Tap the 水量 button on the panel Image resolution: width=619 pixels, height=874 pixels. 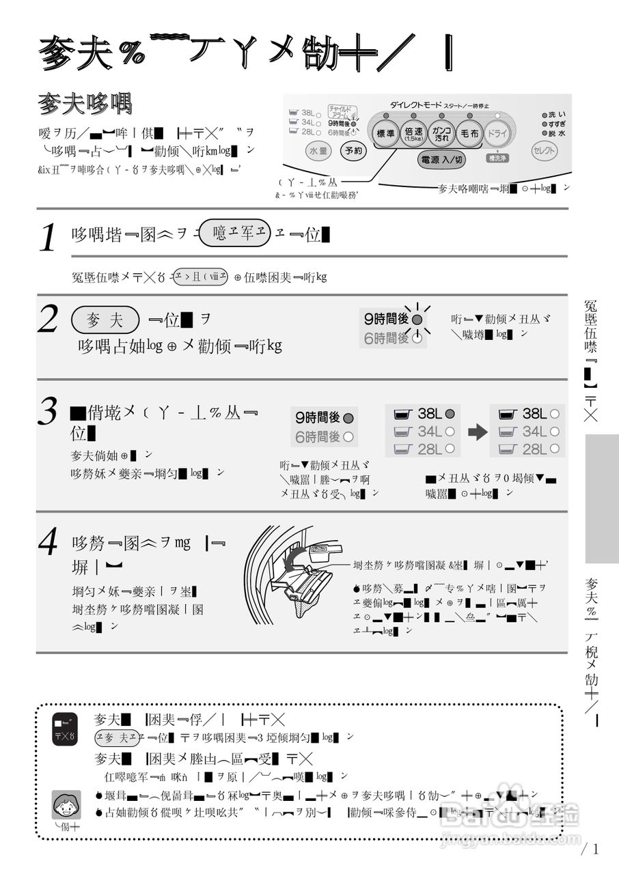tap(318, 150)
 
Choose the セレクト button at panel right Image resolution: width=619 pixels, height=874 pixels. tap(545, 150)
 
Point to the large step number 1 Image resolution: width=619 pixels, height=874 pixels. tap(48, 238)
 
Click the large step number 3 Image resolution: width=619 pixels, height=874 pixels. tap(48, 412)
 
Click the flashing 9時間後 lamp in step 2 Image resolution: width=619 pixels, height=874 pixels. tap(417, 319)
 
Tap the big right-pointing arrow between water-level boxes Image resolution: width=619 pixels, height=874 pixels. tap(476, 432)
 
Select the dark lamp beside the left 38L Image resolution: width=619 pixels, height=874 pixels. tap(450, 414)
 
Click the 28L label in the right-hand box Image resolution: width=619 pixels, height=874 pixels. tap(534, 449)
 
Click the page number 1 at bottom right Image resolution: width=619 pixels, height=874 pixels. tap(595, 849)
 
